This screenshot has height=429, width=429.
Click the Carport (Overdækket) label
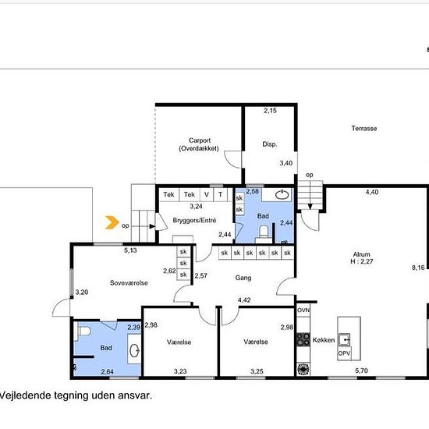point(199,144)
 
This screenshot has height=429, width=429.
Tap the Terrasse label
point(364,129)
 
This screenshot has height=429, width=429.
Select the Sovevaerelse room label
point(129,283)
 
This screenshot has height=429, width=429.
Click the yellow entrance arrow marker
point(112,222)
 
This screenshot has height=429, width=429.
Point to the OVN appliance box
point(303,310)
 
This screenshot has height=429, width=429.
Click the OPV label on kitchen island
point(344,353)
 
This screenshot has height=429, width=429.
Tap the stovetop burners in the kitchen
point(303,339)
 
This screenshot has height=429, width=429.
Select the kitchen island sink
point(344,340)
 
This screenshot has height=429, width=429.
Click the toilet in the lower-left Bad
point(83,331)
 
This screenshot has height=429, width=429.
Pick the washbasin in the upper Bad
point(282,195)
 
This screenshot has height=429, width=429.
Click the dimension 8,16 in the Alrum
point(418,268)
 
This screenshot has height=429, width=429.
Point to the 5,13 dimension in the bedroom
point(130,250)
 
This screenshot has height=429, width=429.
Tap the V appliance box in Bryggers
point(207,194)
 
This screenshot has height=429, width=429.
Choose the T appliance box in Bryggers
point(220,194)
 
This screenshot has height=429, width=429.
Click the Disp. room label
point(270,144)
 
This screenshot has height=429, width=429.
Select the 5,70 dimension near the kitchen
point(361,370)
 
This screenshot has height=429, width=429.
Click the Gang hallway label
point(243,278)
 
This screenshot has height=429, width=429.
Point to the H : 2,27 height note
point(362,261)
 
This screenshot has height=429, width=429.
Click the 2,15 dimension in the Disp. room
point(271,111)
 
